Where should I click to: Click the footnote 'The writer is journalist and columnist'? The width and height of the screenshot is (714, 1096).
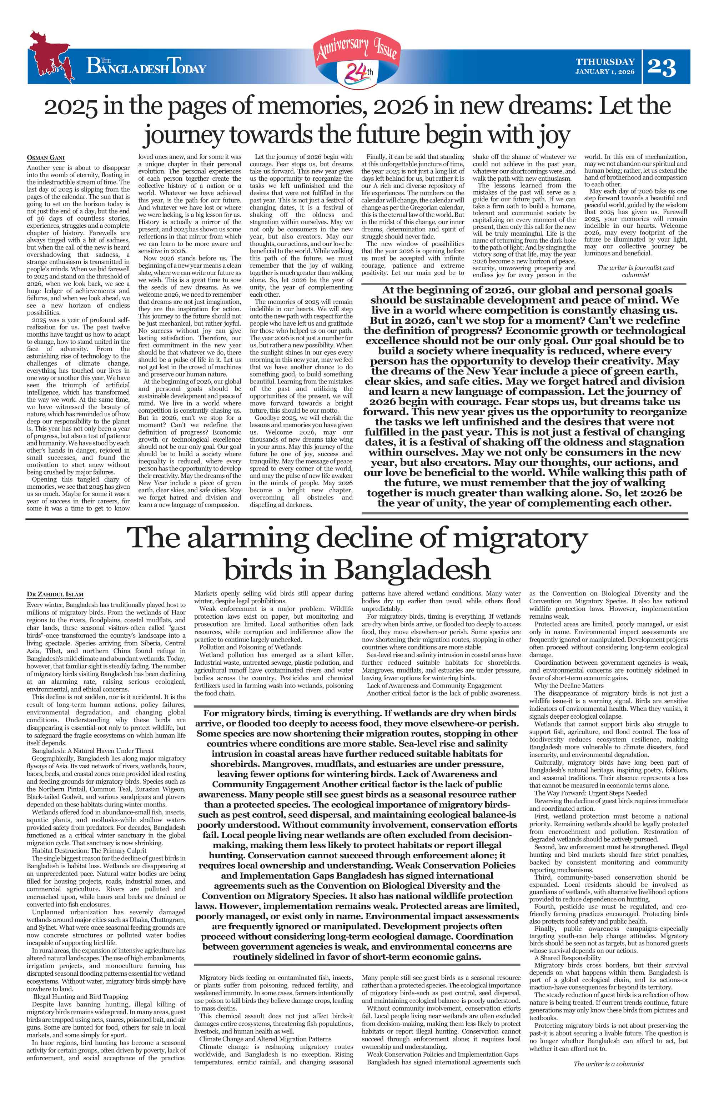(635, 271)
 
